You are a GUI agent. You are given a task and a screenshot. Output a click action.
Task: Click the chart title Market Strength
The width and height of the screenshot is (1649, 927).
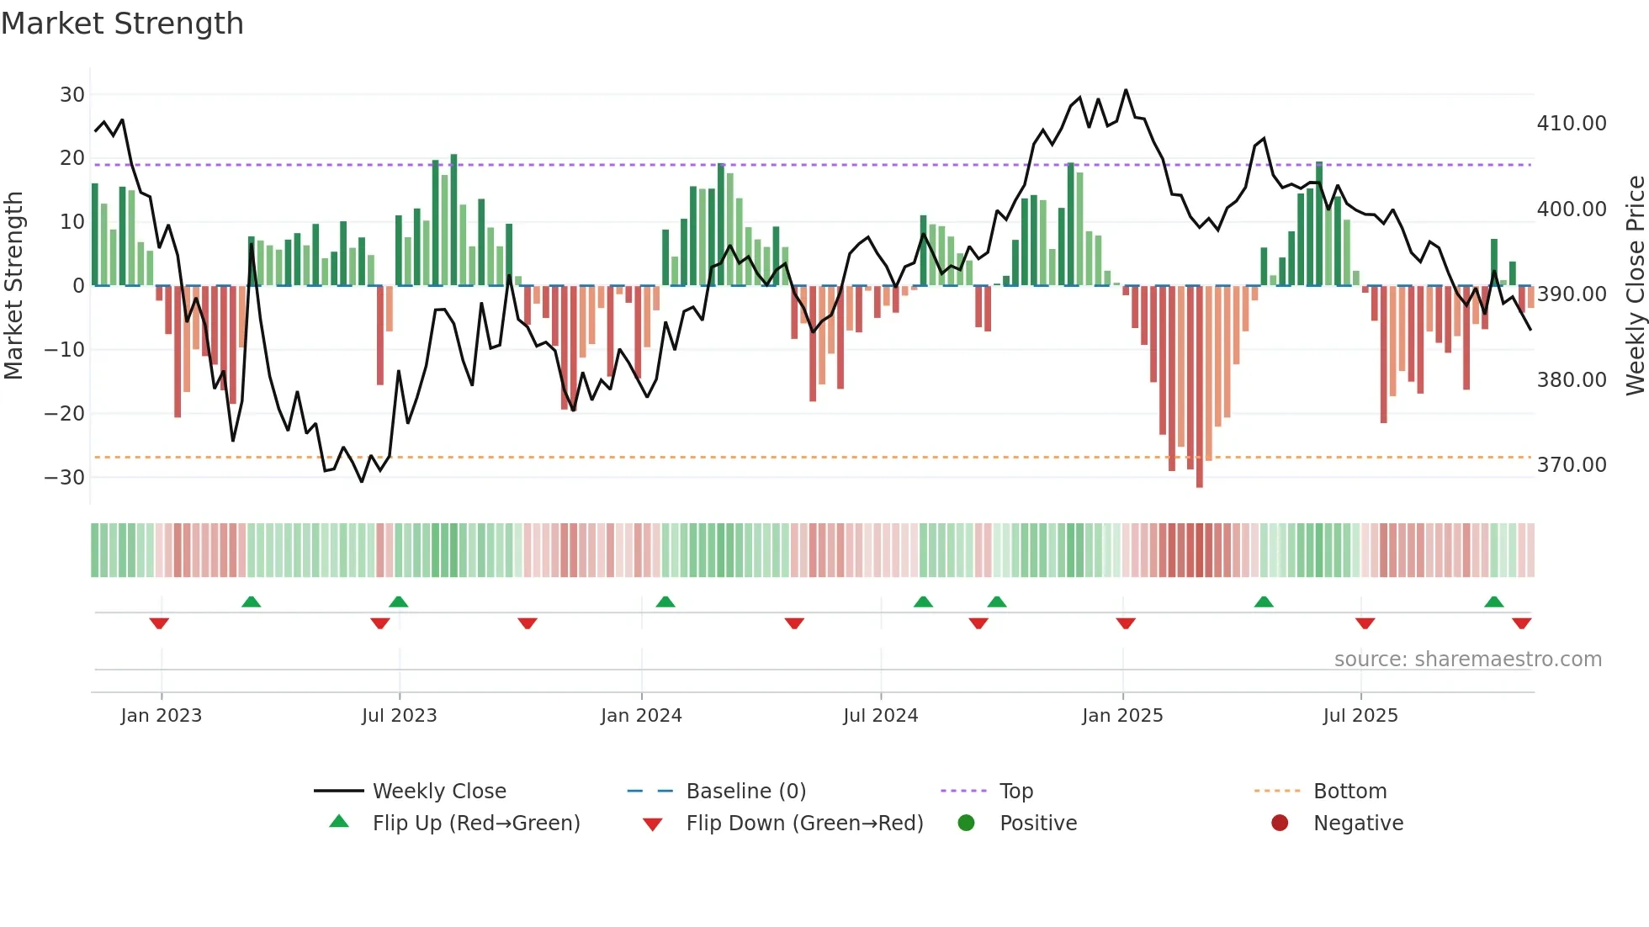click(x=122, y=24)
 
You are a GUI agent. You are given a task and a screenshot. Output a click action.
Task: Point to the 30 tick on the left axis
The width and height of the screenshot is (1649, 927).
click(x=72, y=95)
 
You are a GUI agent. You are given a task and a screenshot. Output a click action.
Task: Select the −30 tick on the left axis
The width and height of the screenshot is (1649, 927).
click(x=65, y=478)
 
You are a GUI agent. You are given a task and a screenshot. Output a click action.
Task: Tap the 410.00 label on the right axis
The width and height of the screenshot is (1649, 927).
click(x=1571, y=124)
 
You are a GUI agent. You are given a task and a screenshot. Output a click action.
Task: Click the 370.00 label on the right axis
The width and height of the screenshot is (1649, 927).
click(x=1571, y=465)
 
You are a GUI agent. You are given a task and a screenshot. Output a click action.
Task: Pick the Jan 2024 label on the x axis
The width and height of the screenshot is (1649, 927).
click(x=641, y=716)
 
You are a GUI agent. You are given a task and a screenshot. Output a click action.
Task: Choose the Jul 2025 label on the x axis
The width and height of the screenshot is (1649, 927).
click(x=1360, y=716)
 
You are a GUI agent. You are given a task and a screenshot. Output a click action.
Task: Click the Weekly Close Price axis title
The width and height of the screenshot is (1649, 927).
click(x=1635, y=286)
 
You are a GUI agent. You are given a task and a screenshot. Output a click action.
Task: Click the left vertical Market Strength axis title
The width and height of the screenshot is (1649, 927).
click(x=13, y=286)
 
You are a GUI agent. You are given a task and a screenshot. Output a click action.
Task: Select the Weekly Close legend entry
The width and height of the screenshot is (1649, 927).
click(x=438, y=792)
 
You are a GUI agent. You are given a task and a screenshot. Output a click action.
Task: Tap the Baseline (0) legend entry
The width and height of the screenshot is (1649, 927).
click(x=745, y=792)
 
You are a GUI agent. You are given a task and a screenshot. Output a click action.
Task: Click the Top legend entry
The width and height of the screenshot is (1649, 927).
click(x=1015, y=792)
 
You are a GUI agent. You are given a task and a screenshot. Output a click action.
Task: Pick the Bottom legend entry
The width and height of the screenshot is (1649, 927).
click(x=1349, y=792)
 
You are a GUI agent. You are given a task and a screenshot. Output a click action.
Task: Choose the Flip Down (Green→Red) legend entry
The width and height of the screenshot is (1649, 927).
click(x=803, y=824)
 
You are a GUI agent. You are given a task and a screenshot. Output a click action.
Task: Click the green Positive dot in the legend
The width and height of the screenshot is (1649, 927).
click(x=966, y=824)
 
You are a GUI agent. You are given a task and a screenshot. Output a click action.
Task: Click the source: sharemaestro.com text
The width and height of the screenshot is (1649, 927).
click(x=1467, y=659)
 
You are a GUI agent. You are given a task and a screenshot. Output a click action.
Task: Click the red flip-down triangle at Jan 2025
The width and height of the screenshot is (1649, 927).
click(x=1126, y=623)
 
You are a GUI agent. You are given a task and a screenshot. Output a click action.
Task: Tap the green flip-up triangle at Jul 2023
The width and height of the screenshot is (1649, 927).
click(x=399, y=601)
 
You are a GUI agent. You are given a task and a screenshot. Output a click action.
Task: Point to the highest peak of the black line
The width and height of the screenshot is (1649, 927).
click(x=1126, y=91)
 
